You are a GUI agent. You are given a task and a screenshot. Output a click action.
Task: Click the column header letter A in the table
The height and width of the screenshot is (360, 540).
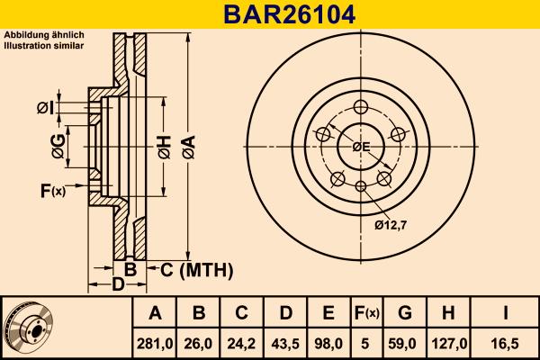click(x=155, y=313)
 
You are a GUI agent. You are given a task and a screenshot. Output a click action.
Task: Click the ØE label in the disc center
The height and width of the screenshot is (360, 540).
click(x=361, y=147)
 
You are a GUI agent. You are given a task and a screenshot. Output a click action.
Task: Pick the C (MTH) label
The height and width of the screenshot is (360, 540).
click(x=197, y=269)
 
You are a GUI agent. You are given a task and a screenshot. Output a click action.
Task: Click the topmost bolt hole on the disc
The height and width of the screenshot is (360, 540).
click(x=361, y=104)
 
